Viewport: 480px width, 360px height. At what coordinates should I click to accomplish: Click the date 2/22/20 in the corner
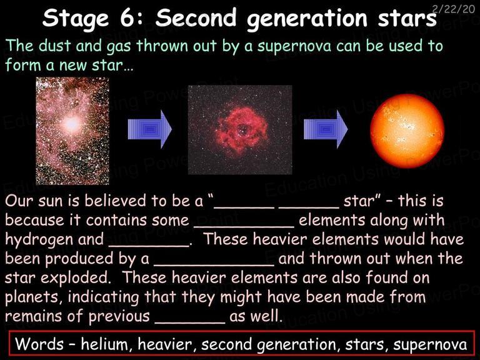pyautogui.click(x=454, y=9)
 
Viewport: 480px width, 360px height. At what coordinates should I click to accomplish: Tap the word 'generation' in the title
pyautogui.click(x=307, y=19)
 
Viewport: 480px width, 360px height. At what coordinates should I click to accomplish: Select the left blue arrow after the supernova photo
pyautogui.click(x=150, y=129)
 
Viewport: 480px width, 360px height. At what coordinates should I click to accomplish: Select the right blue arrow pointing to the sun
pyautogui.click(x=326, y=129)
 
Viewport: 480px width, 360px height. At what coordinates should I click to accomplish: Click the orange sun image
pyautogui.click(x=407, y=131)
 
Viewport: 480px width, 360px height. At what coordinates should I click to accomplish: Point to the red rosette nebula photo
pyautogui.click(x=240, y=130)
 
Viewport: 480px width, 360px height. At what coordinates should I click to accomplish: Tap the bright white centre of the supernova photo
pyautogui.click(x=72, y=124)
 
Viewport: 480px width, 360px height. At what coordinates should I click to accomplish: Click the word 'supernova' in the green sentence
pyautogui.click(x=294, y=46)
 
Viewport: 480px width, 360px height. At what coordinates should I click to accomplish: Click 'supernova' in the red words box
pyautogui.click(x=431, y=345)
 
